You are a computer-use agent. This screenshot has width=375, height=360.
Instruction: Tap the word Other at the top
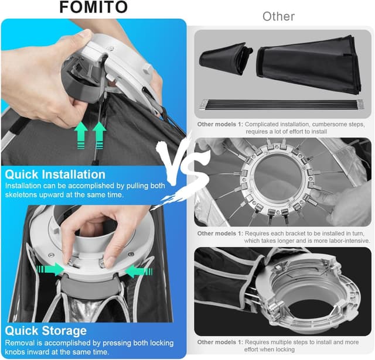tap(278, 16)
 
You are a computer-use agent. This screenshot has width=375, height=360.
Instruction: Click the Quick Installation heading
tap(55, 174)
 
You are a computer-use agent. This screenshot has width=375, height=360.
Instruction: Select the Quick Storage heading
tap(46, 331)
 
